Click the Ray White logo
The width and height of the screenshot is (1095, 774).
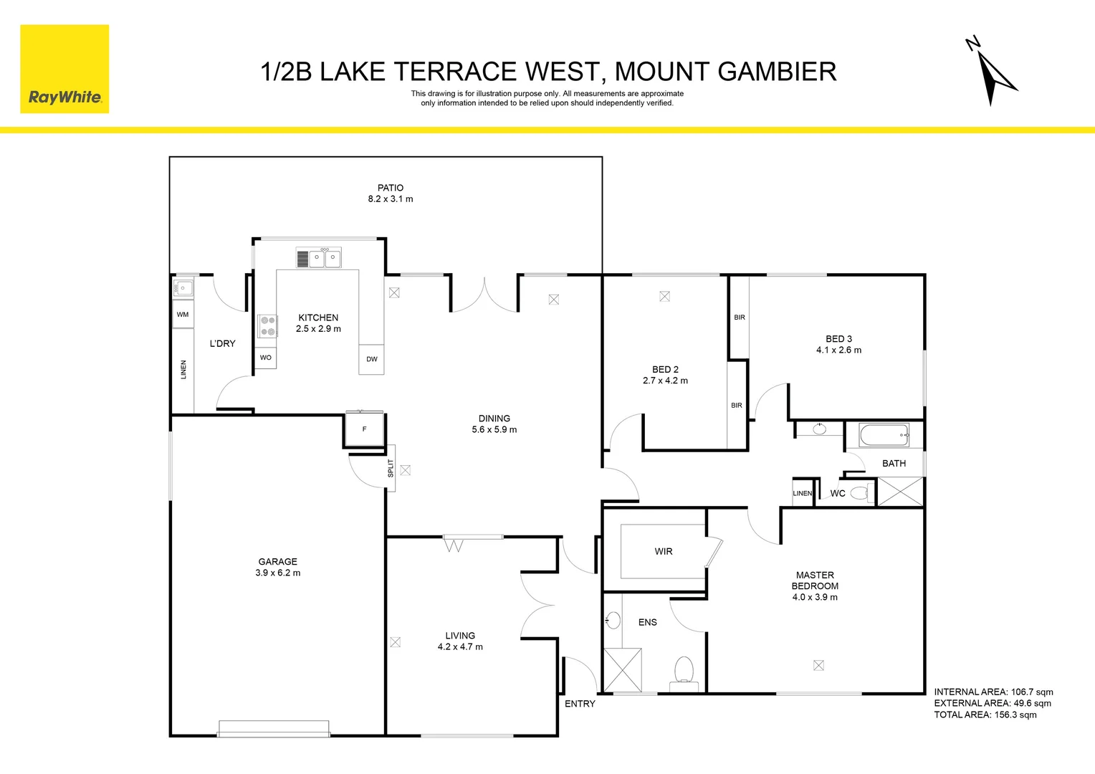coord(64,69)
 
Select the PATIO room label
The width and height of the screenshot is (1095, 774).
coord(391,188)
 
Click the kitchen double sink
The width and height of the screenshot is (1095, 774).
coord(325,259)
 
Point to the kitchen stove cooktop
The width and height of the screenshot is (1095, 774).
coord(268,326)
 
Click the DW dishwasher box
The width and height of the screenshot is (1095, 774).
coord(371,359)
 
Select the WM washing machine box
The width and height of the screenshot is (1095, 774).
coord(183,315)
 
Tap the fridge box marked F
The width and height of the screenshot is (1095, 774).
coord(365,429)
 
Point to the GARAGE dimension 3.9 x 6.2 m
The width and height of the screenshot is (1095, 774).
coord(278,573)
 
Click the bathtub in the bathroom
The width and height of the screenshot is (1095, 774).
coord(884,435)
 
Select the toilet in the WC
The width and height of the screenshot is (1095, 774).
coord(861,493)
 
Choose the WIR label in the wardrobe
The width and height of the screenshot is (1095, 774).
coord(664,551)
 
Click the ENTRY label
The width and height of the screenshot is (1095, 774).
coord(580,704)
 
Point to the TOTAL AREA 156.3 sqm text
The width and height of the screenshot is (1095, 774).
coord(985,715)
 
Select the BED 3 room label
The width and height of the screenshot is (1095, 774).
coord(838,339)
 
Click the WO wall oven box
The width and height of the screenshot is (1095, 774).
coord(266,358)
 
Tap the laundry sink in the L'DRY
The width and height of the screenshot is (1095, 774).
coord(183,288)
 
